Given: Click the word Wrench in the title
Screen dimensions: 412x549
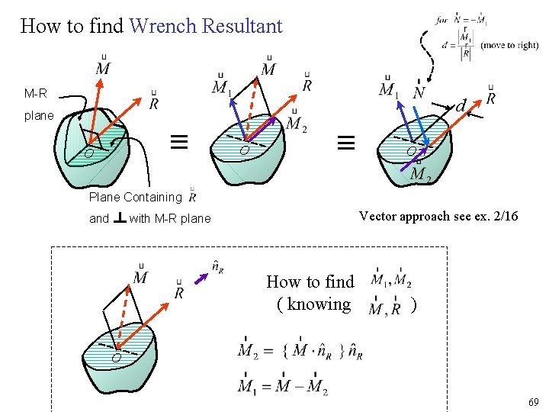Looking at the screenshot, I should [x=165, y=26].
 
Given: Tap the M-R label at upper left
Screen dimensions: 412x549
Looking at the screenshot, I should [x=35, y=94].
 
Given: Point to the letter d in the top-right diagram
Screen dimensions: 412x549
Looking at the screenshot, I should [x=460, y=105].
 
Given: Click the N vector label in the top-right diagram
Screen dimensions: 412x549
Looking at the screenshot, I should [x=419, y=92].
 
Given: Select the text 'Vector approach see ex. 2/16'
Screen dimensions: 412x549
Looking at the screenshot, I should [x=438, y=216].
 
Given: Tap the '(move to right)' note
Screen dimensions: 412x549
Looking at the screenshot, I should [x=509, y=45].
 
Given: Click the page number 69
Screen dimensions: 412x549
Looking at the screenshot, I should [x=533, y=402].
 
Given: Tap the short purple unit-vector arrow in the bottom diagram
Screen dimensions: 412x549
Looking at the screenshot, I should [x=202, y=278].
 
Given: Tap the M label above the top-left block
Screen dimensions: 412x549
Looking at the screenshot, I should [x=103, y=67].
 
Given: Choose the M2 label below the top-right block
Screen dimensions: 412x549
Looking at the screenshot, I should [x=420, y=175].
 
